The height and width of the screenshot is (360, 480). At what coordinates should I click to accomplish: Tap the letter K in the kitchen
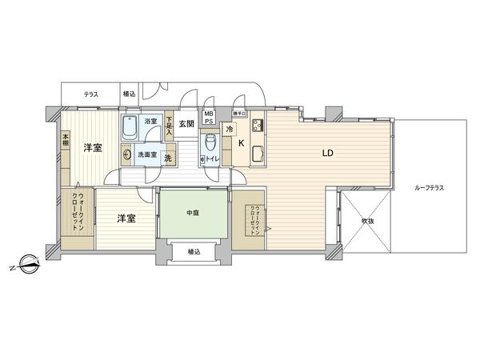click(x=241, y=144)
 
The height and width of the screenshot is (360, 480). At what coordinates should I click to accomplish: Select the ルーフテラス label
click(x=430, y=187)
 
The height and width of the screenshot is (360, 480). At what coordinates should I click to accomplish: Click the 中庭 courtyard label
click(x=193, y=212)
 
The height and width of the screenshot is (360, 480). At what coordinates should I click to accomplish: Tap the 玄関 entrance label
click(x=186, y=124)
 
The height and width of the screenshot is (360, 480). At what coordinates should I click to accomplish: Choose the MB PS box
click(x=208, y=118)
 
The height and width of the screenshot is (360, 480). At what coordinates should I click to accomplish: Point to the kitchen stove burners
click(x=258, y=126)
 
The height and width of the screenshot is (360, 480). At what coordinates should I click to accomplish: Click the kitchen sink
click(x=258, y=154)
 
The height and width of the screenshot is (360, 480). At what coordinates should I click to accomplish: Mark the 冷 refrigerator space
click(x=230, y=129)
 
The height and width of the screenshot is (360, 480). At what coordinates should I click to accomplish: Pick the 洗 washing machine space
click(x=167, y=157)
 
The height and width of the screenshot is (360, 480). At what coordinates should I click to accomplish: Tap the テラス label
click(x=90, y=94)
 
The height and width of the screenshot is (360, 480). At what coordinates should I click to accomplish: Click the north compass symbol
click(x=27, y=261)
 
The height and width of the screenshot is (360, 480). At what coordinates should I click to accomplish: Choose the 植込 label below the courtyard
click(x=194, y=251)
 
